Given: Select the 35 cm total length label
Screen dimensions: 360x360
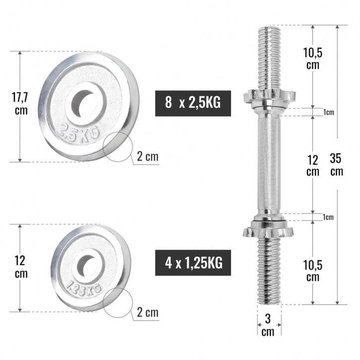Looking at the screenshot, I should pyautogui.click(x=336, y=164).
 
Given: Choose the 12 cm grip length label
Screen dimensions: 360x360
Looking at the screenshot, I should pyautogui.click(x=312, y=165).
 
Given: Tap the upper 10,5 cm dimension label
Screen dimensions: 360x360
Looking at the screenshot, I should pyautogui.click(x=312, y=57).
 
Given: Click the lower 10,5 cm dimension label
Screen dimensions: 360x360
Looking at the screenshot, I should pyautogui.click(x=312, y=270).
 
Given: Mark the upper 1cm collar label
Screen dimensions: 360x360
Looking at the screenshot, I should pyautogui.click(x=328, y=112).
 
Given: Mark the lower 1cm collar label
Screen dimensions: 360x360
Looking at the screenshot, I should pyautogui.click(x=328, y=217).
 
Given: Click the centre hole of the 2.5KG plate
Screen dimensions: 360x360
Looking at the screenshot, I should pyautogui.click(x=86, y=102).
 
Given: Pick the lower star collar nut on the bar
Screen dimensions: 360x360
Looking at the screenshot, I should pyautogui.click(x=269, y=230).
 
